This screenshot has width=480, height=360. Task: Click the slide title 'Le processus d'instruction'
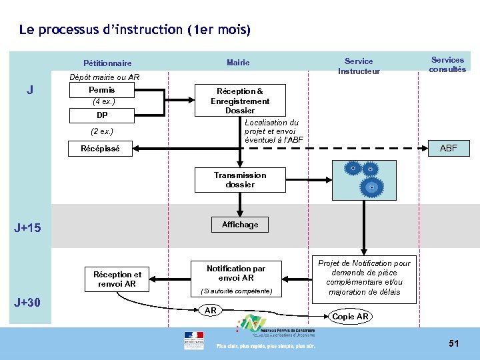[x=135, y=30]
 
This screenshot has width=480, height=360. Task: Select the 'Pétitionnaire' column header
[x=107, y=63]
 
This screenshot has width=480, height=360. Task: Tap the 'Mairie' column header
[x=238, y=63]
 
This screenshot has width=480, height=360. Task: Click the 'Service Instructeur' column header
[x=359, y=66]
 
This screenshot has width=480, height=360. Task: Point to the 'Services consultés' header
[x=447, y=65]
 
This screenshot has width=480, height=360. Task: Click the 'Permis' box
[x=102, y=90]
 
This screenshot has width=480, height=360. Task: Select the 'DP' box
[x=102, y=115]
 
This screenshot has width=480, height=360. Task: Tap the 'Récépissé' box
[x=101, y=149]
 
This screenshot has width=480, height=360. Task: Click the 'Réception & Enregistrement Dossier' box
[x=240, y=101]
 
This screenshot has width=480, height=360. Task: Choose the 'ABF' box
[x=449, y=148]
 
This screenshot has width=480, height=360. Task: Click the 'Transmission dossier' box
[x=240, y=180]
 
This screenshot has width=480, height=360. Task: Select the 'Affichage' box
[x=240, y=225]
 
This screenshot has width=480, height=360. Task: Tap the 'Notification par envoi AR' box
[x=236, y=273]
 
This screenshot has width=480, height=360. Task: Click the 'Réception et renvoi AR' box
[x=117, y=279]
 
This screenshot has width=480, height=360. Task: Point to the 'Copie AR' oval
[x=351, y=317]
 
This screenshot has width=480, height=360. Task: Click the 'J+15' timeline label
[x=27, y=228]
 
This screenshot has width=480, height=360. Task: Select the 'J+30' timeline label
[x=27, y=303]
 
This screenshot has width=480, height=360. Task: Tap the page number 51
[x=454, y=343]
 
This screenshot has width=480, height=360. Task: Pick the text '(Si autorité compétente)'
[x=236, y=291]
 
